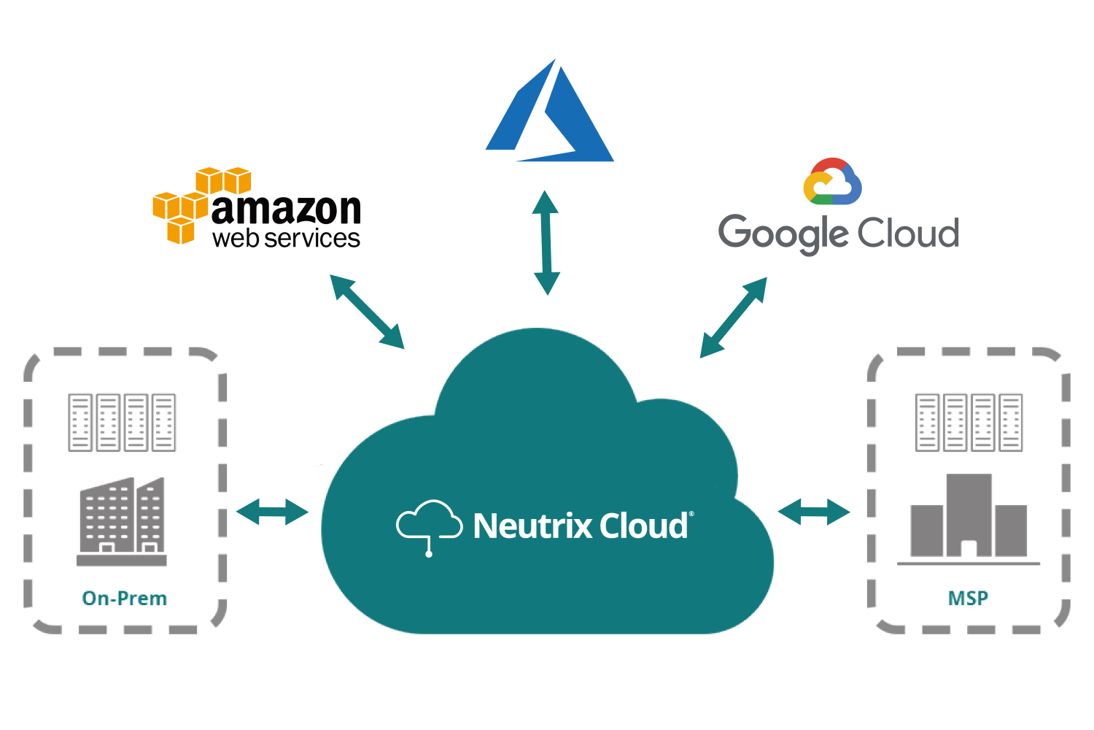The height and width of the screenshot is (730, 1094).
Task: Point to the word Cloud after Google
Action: [x=908, y=233]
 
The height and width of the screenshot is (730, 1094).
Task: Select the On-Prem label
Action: [x=125, y=599]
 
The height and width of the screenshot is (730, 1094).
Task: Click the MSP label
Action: [x=968, y=599]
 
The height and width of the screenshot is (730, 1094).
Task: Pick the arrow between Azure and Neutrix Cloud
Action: [x=546, y=243]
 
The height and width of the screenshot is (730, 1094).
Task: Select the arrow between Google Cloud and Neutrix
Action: [x=733, y=318]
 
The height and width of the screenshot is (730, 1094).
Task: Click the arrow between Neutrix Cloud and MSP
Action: [x=814, y=512]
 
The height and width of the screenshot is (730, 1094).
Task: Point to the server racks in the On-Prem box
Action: [x=122, y=423]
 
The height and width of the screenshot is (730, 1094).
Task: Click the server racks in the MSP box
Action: [x=969, y=423]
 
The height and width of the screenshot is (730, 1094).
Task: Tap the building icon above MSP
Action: [x=969, y=518]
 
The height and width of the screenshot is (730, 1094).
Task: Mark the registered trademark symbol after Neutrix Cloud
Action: [x=691, y=515]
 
